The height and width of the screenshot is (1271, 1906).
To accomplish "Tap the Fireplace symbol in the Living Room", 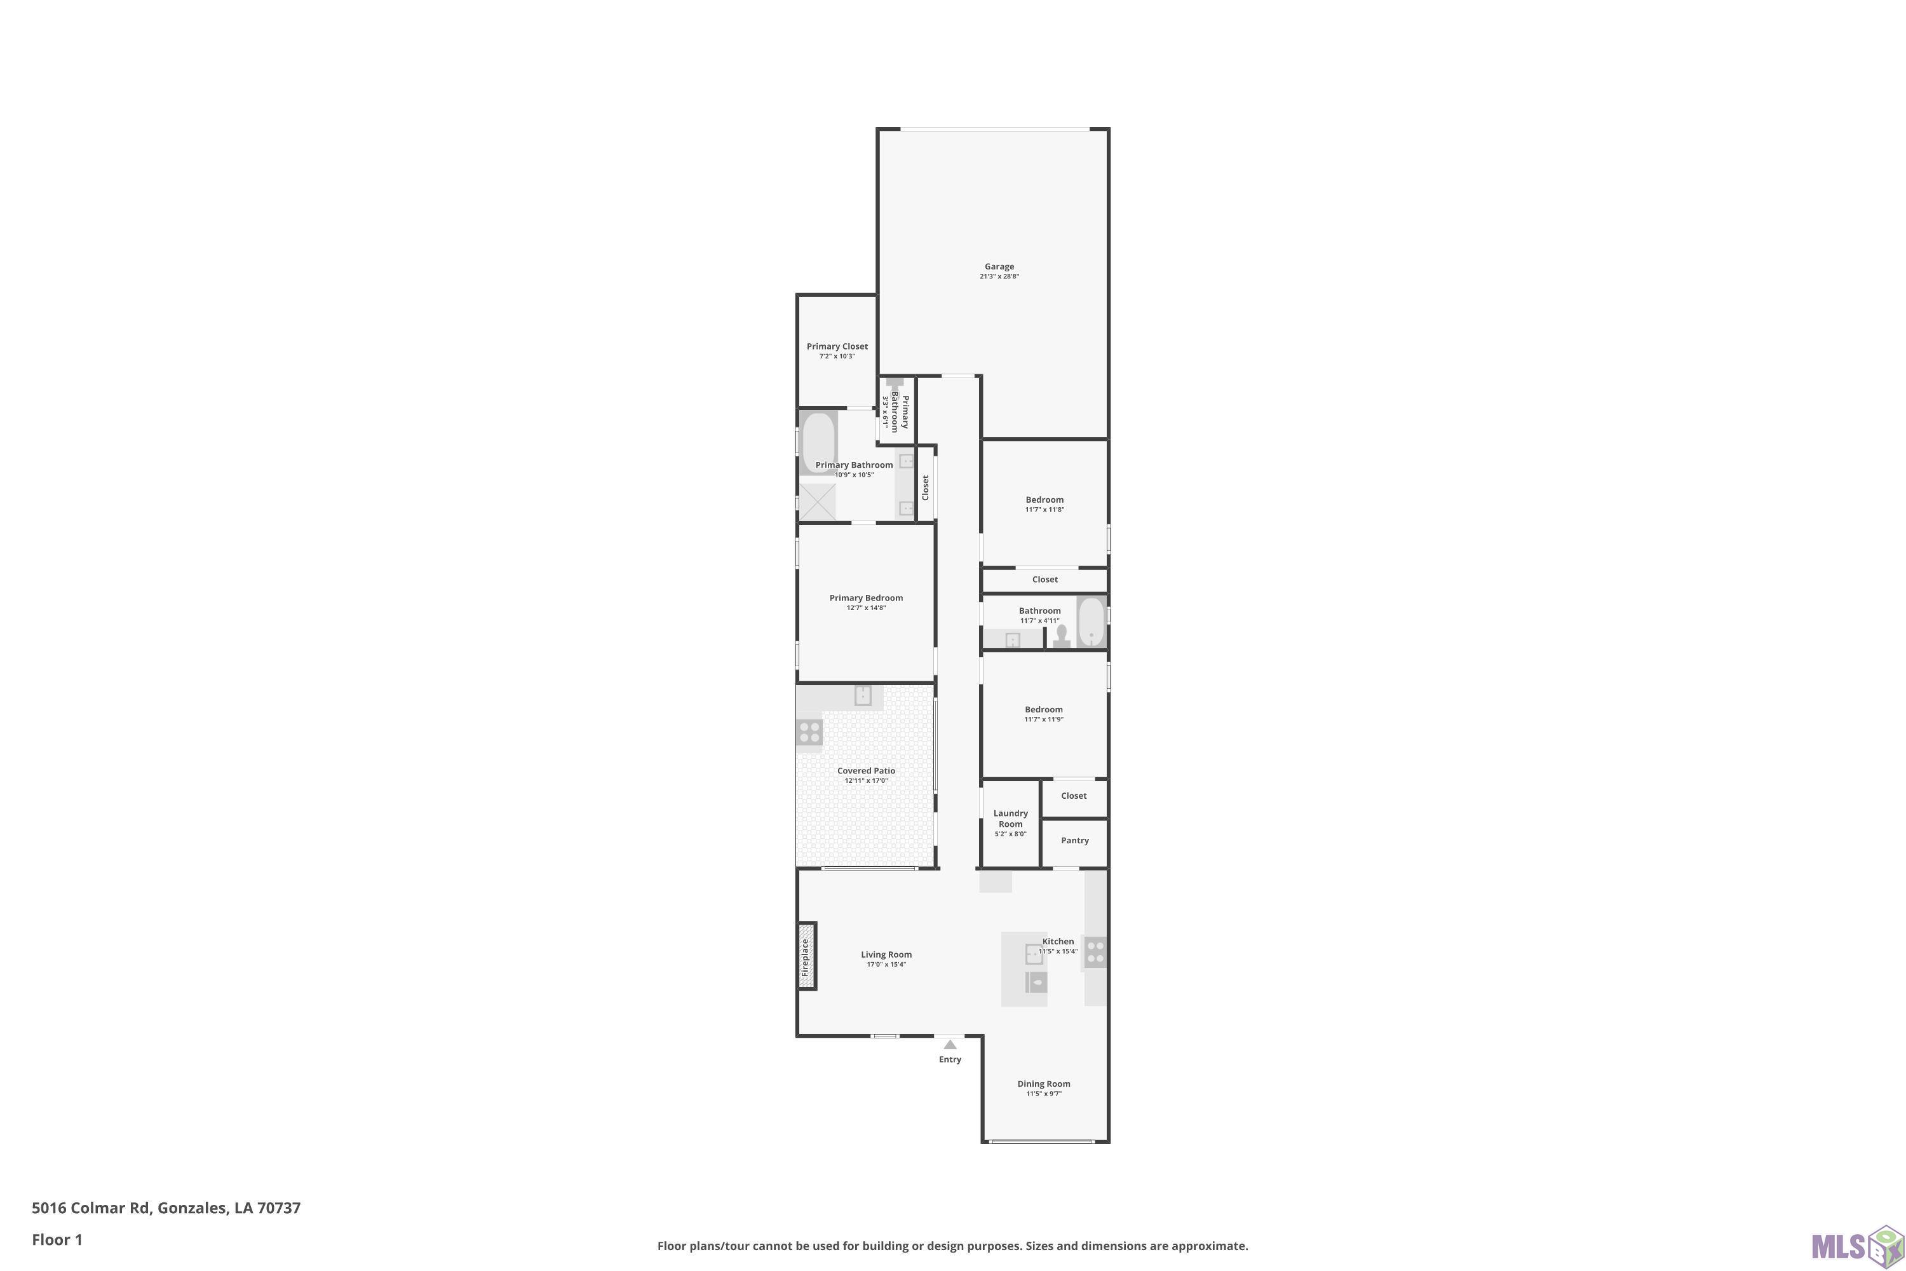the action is (806, 956).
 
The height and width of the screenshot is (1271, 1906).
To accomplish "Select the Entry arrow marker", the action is (950, 1045).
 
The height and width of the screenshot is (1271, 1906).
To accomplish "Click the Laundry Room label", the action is (1011, 819).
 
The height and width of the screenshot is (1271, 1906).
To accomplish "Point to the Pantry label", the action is (1074, 841).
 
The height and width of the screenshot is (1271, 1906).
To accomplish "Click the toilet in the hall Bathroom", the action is (1062, 636).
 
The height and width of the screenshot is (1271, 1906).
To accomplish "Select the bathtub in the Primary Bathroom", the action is (818, 442).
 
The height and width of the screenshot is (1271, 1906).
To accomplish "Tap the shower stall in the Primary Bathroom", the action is (818, 501).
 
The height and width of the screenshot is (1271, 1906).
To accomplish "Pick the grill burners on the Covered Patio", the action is (809, 732).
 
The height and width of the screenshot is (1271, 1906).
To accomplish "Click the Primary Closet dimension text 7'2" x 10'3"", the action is (837, 357).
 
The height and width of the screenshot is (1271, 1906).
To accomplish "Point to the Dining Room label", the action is (1044, 1084).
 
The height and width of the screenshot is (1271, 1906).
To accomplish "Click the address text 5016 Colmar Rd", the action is (91, 1208).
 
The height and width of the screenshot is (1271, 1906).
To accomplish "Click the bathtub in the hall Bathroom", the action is (1092, 622).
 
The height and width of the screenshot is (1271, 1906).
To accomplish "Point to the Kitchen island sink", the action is (1034, 953).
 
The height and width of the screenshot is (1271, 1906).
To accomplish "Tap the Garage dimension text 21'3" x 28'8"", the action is (999, 276).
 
